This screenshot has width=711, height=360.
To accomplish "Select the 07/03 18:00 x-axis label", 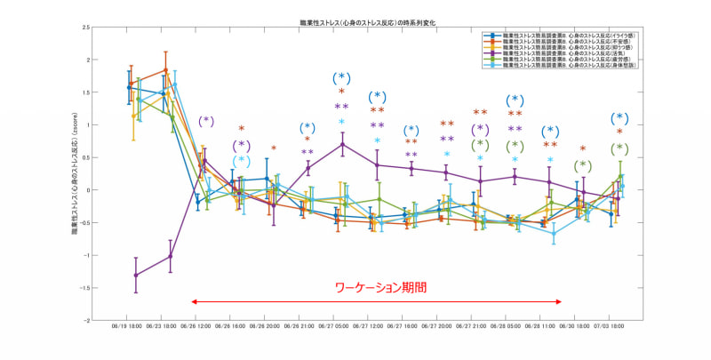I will tap(615, 327).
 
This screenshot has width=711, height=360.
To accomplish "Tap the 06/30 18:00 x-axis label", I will tap(580, 327).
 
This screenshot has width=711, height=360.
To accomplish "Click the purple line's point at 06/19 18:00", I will tap(136, 276).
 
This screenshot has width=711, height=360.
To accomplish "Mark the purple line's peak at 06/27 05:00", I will tap(343, 144).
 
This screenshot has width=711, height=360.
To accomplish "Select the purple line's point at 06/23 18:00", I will tap(171, 256).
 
